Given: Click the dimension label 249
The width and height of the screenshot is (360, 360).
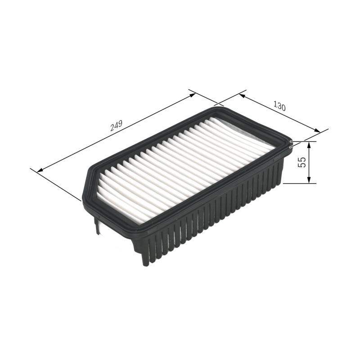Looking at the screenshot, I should (x=116, y=126).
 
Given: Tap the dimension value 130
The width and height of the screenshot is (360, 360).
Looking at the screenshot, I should (x=279, y=107).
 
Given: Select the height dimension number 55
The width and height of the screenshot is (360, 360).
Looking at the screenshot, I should (x=302, y=162).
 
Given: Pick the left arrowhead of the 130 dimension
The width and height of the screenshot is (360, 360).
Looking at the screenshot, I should (x=243, y=96).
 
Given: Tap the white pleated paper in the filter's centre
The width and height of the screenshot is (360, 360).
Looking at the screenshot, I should (x=180, y=166).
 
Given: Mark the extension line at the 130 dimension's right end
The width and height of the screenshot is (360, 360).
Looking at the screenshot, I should (x=310, y=135).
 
